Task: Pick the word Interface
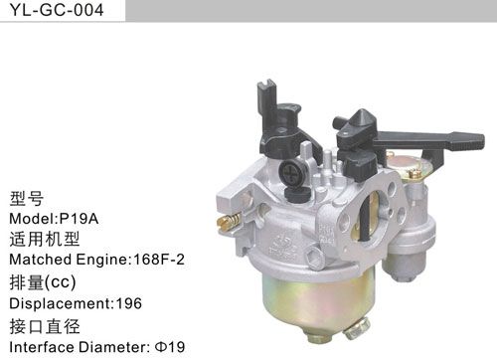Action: coord(38,347)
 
